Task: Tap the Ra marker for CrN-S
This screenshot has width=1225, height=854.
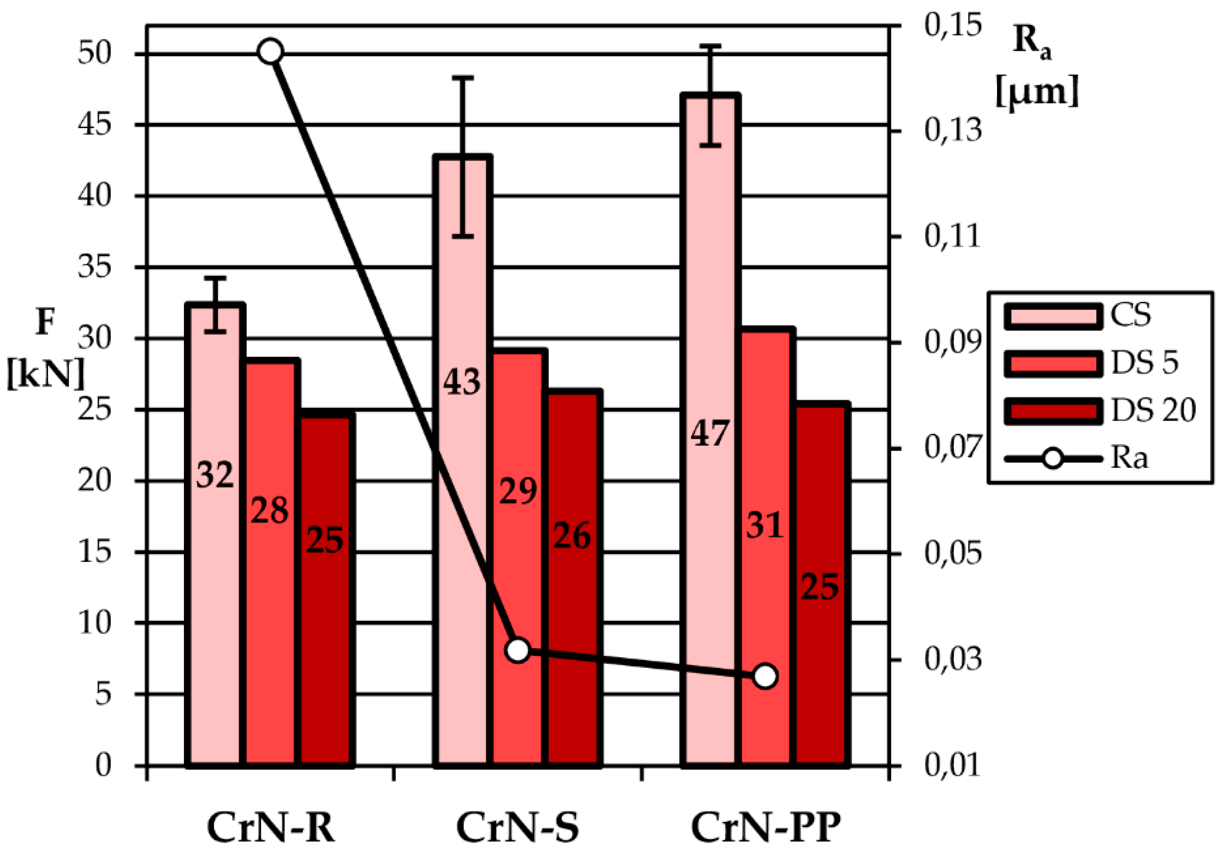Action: tap(517, 651)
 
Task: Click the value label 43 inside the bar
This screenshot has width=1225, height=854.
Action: tap(461, 382)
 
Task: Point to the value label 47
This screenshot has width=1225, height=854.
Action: tap(709, 433)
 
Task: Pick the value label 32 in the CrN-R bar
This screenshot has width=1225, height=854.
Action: tap(215, 475)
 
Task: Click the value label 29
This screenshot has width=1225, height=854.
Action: tap(517, 491)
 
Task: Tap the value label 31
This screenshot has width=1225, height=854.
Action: tap(765, 525)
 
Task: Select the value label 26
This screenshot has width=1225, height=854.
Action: tap(572, 536)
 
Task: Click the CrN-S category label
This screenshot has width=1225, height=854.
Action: tap(517, 829)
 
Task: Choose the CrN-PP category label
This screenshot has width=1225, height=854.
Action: tap(766, 829)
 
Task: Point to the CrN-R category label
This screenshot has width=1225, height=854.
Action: tap(271, 829)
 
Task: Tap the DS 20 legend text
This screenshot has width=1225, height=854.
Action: tap(1153, 411)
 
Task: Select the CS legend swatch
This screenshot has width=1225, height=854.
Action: tap(1052, 316)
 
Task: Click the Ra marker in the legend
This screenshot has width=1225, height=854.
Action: tap(1052, 458)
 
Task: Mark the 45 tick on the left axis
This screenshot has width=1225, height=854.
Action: tap(95, 125)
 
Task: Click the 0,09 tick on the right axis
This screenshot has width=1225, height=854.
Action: tap(952, 343)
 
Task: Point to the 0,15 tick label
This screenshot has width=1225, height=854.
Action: tap(952, 25)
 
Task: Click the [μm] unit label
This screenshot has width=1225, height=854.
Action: tap(1037, 92)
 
